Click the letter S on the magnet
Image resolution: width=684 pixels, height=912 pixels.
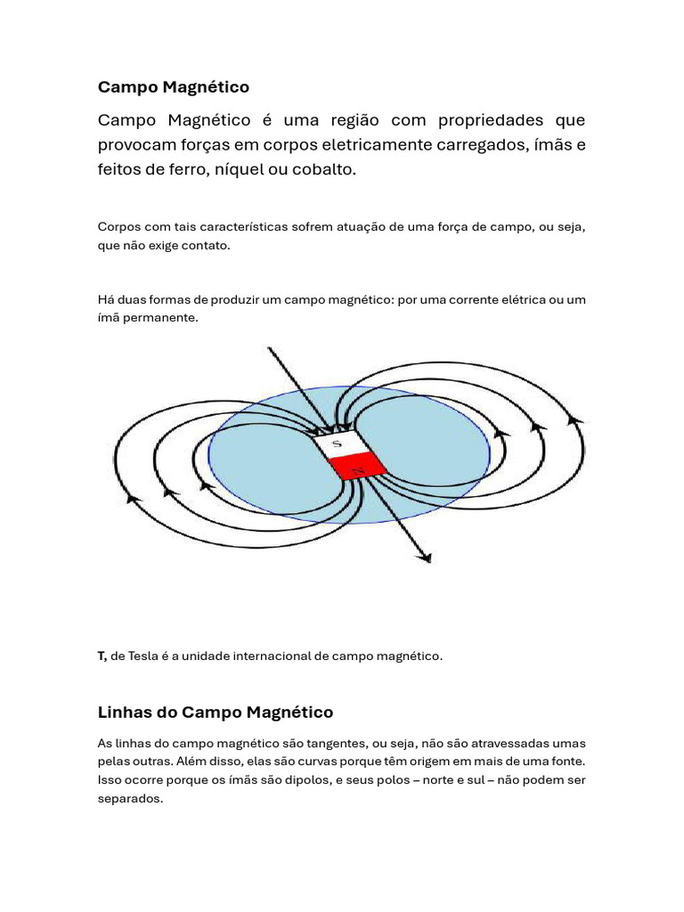(x=337, y=444)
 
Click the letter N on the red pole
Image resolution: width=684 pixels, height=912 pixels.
(x=358, y=468)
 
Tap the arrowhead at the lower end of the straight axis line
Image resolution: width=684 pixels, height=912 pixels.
(x=426, y=558)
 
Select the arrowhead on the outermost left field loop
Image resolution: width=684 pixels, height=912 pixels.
(x=134, y=499)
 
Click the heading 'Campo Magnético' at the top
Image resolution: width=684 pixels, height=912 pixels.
(x=173, y=87)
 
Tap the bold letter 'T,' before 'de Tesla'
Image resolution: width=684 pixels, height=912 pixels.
(x=102, y=656)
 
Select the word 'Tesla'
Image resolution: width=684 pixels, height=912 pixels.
(x=147, y=656)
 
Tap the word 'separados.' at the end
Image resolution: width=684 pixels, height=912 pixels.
(x=130, y=799)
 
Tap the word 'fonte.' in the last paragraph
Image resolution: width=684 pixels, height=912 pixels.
(x=568, y=761)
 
